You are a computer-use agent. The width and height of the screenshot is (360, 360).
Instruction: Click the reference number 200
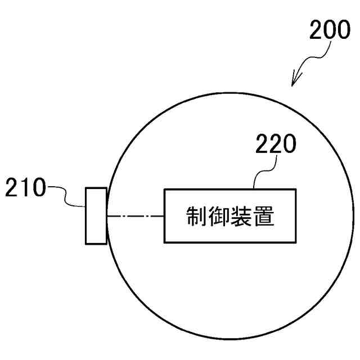tap(329, 30)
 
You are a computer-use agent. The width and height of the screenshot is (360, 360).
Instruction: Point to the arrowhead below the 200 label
tap(294, 82)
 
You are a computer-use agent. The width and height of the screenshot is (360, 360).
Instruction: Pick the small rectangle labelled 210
tap(96, 216)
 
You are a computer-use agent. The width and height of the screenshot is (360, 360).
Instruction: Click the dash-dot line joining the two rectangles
tap(135, 216)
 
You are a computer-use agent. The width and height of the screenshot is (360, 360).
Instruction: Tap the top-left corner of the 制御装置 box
tap(164, 190)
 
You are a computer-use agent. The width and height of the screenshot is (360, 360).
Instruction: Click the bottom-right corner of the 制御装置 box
tap(296, 242)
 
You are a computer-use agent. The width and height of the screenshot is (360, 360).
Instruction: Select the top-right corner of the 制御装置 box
tap(296, 190)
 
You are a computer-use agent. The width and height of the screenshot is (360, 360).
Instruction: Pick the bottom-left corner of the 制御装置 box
tap(164, 242)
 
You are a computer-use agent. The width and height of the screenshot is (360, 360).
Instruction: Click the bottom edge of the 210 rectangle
tap(96, 244)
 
